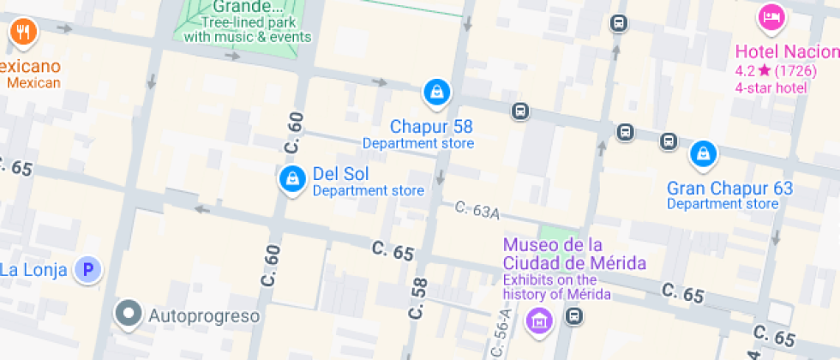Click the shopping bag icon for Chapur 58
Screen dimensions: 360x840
(x=436, y=92)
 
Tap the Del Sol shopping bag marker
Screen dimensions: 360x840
(x=292, y=179)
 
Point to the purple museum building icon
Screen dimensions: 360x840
(x=539, y=321)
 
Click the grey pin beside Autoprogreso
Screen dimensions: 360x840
(x=129, y=315)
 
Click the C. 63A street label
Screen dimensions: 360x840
(x=477, y=210)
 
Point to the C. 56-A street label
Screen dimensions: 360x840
(x=502, y=335)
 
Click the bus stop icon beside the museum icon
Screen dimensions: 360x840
(x=574, y=317)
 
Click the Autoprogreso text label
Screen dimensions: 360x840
(x=204, y=316)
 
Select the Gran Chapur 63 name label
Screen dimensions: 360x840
(x=729, y=189)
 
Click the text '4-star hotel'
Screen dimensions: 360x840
(x=771, y=87)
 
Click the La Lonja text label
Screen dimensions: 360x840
(x=34, y=270)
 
